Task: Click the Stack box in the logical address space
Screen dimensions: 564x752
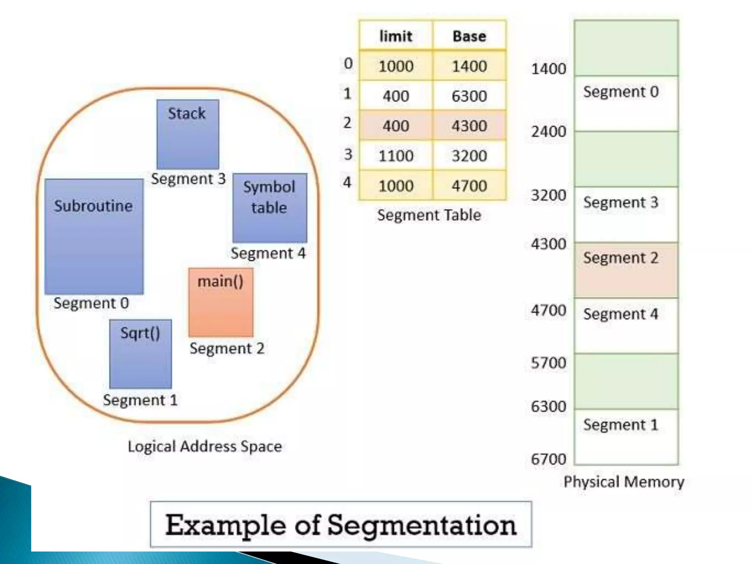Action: click(x=188, y=134)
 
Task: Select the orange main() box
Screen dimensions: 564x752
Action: click(x=221, y=302)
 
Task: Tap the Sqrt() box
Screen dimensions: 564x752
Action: click(x=140, y=354)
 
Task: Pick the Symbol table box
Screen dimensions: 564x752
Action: click(x=270, y=208)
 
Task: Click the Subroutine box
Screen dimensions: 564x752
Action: click(x=94, y=236)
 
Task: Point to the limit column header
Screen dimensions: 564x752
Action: click(x=395, y=36)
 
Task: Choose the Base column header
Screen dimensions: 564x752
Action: click(x=469, y=36)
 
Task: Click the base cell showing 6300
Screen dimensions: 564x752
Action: click(x=469, y=96)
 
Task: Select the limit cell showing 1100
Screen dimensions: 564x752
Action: click(x=396, y=156)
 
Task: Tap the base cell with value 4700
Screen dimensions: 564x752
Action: click(x=469, y=186)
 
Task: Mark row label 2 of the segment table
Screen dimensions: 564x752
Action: click(x=347, y=123)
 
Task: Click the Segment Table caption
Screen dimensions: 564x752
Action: click(x=429, y=215)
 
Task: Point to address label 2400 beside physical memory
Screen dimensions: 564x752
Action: click(x=549, y=131)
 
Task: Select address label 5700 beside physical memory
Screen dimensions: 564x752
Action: click(x=549, y=363)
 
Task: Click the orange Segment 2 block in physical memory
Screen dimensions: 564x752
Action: click(x=626, y=270)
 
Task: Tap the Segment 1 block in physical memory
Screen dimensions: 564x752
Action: click(x=626, y=437)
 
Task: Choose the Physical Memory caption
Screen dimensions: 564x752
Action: click(x=624, y=482)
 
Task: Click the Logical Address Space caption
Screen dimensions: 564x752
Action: click(x=205, y=446)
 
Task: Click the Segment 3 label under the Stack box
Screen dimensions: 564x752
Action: click(x=188, y=179)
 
